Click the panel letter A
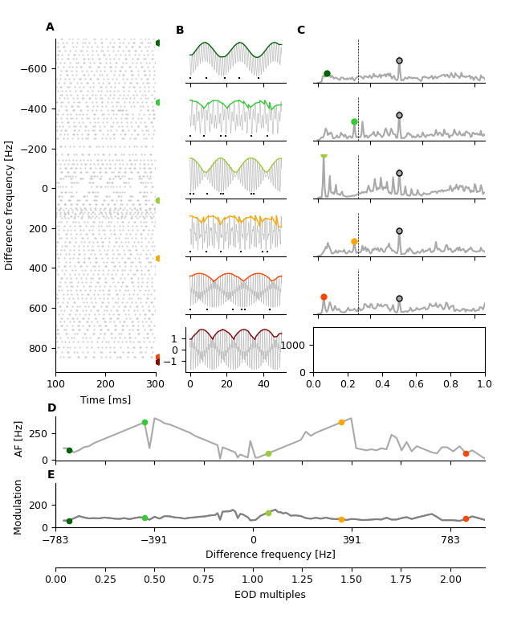(x=50, y=27)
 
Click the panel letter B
(x=180, y=31)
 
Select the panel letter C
(x=301, y=31)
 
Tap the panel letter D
(x=51, y=408)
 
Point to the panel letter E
(x=51, y=475)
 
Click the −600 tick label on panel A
(x=35, y=69)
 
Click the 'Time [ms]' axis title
(x=105, y=400)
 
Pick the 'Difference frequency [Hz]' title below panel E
(x=270, y=555)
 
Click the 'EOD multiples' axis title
(x=270, y=595)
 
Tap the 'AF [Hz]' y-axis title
(x=19, y=438)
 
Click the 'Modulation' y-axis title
(x=19, y=506)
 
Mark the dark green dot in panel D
(x=69, y=451)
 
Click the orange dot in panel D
(x=341, y=422)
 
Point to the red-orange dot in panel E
(x=466, y=519)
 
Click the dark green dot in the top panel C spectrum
(x=327, y=73)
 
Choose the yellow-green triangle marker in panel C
(x=324, y=155)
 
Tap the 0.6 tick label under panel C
(x=416, y=384)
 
